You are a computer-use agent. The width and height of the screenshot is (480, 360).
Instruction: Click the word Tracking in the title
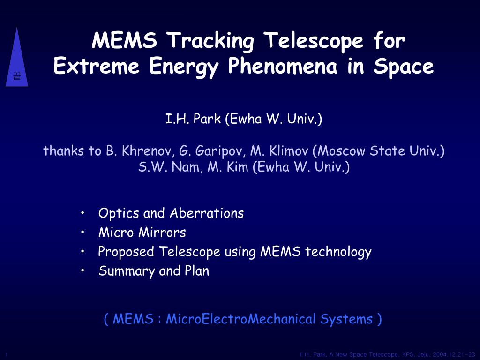click(212, 41)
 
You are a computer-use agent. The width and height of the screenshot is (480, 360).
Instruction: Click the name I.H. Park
click(193, 119)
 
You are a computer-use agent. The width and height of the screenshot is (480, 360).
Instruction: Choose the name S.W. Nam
click(168, 167)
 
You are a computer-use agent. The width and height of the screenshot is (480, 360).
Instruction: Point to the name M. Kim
click(228, 167)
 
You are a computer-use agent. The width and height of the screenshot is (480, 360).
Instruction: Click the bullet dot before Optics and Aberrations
click(82, 213)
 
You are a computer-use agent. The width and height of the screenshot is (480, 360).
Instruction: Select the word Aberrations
click(207, 213)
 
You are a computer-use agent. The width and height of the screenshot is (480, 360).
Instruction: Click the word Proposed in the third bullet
click(126, 252)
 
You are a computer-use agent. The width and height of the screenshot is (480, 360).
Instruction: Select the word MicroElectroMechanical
click(240, 319)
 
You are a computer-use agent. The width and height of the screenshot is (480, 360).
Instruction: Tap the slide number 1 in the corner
click(7, 354)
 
